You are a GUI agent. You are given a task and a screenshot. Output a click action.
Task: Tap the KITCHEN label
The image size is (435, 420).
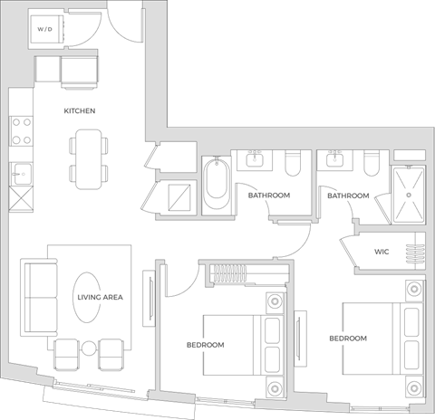(80, 111)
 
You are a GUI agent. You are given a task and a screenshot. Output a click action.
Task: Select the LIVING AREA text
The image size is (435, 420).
(101, 297)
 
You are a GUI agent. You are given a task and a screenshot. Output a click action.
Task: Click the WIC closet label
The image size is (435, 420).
(381, 253)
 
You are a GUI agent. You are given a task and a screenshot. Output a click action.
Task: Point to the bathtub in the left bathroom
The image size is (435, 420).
(217, 185)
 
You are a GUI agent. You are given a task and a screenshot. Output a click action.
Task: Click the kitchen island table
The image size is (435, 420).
(87, 158)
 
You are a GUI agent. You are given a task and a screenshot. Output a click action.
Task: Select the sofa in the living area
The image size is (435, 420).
(35, 296)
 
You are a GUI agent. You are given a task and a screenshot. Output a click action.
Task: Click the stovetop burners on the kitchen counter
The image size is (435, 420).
(21, 131)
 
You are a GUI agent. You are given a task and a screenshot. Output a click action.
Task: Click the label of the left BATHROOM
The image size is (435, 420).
(268, 196)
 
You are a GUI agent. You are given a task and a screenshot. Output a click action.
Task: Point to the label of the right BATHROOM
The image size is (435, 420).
(348, 196)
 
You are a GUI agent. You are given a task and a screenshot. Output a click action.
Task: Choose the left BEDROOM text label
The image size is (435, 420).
(206, 345)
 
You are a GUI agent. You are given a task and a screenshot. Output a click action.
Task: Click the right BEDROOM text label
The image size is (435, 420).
(347, 338)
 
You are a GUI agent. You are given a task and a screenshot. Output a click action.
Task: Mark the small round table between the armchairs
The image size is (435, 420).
(88, 348)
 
